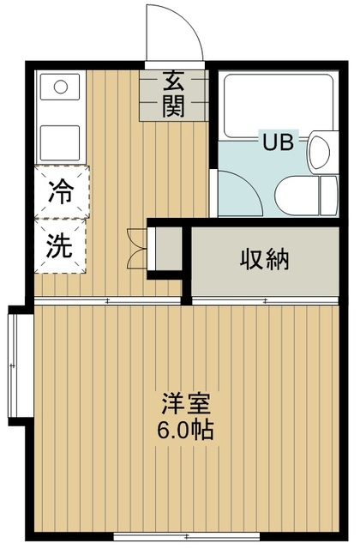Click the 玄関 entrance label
click(174, 94)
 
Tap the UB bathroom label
click(278, 142)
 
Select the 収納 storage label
click(265, 259)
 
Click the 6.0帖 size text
click(185, 431)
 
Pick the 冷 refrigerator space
click(62, 192)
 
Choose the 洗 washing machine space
click(60, 246)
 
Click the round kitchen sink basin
click(61, 87)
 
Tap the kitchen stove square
click(60, 142)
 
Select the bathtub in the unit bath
click(278, 106)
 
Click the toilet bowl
click(297, 196)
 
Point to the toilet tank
click(329, 196)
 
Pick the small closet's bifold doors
click(137, 248)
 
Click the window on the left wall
click(14, 365)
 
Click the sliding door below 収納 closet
click(265, 300)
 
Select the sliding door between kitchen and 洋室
click(107, 300)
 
